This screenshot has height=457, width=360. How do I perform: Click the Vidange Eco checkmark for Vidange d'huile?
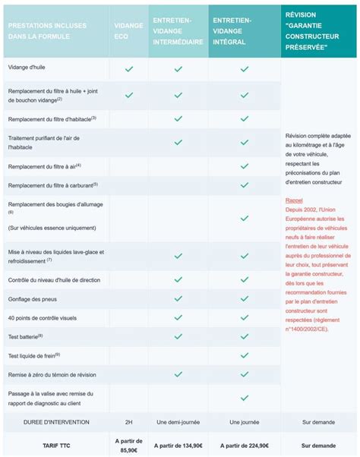pyautogui.click(x=129, y=69)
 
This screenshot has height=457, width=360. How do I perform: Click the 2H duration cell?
pyautogui.click(x=129, y=421)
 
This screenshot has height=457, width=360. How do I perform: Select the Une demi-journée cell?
pyautogui.click(x=178, y=421)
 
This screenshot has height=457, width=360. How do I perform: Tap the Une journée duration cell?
pyautogui.click(x=244, y=421)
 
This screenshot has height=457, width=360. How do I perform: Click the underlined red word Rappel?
pyautogui.click(x=294, y=200)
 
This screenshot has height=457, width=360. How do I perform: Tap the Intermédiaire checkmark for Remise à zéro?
pyautogui.click(x=178, y=374)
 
